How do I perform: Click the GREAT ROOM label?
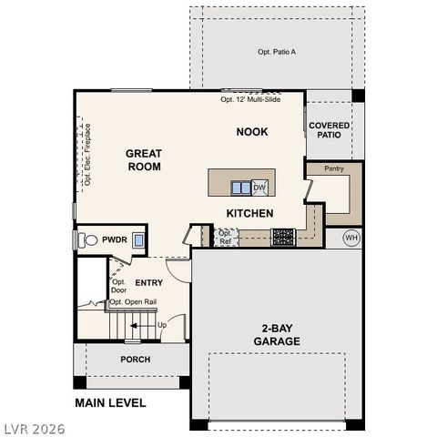143,160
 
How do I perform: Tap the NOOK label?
252,132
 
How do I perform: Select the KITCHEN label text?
249,213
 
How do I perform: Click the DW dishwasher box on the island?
259,188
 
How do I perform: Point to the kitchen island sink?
240,188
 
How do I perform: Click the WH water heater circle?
351,239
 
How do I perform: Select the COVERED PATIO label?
328,130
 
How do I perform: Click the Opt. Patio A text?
277,52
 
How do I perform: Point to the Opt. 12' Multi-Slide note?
250,99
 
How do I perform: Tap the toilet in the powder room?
87,240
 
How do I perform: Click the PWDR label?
114,240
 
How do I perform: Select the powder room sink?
138,240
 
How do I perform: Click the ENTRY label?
148,282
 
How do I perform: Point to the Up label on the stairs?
162,324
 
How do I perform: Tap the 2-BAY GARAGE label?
278,334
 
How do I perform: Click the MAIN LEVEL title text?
110,401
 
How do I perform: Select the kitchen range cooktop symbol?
283,237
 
